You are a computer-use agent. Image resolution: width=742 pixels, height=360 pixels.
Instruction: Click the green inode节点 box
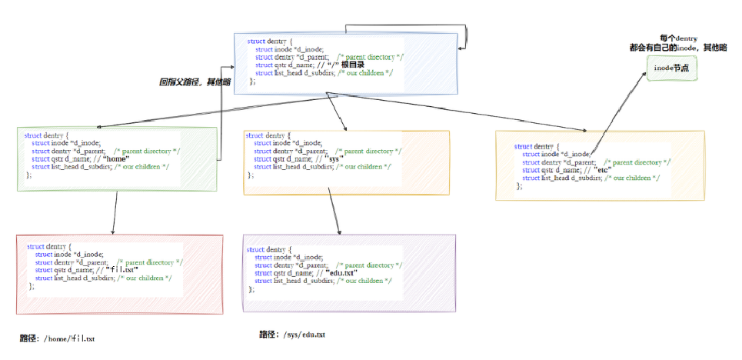tap(670, 69)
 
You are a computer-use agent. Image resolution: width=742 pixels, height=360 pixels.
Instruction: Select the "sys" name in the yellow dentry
tap(332, 159)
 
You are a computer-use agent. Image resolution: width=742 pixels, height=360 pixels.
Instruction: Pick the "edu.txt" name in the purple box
tap(341, 273)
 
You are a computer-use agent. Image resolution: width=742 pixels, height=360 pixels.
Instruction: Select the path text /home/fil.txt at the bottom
tap(68, 338)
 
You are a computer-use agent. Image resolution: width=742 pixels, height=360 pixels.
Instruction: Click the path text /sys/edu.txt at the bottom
tap(304, 335)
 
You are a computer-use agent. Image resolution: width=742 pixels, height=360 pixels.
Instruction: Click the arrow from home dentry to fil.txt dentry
tap(115, 212)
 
